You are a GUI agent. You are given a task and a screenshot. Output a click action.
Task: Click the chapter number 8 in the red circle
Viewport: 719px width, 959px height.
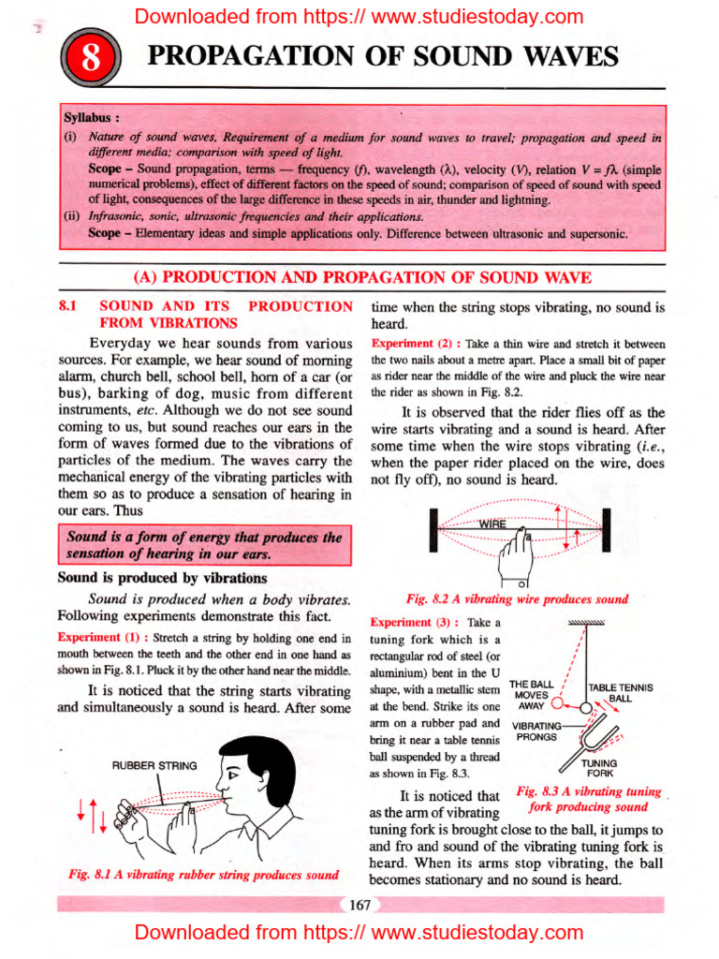(91, 60)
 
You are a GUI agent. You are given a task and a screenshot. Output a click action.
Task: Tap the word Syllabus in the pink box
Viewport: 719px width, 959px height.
(91, 120)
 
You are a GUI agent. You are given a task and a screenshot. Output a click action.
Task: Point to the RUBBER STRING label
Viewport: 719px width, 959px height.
(154, 765)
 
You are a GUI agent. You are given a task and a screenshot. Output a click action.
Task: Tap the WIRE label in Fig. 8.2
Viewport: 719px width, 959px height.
(492, 524)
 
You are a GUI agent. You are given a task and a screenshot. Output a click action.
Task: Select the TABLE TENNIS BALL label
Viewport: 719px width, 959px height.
(620, 693)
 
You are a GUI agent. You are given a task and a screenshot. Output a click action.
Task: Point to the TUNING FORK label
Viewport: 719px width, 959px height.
(599, 769)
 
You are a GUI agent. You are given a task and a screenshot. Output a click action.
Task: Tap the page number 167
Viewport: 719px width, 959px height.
(359, 904)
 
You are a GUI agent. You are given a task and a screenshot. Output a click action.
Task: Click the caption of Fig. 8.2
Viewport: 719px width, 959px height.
(517, 598)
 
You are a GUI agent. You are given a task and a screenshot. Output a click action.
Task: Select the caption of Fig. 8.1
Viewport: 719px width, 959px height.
(203, 875)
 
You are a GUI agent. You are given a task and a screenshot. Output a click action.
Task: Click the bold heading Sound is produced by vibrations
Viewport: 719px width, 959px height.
(162, 578)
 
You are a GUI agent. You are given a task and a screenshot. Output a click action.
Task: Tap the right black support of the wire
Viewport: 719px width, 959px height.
(606, 531)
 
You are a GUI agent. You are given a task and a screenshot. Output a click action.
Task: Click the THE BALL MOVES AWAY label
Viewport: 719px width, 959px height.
(533, 696)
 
